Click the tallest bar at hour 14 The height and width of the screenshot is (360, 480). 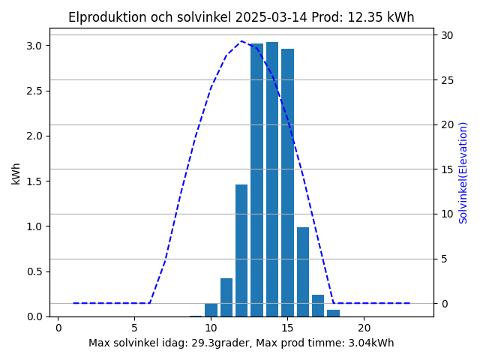[x=272, y=179]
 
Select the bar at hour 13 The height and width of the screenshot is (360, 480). [x=256, y=180]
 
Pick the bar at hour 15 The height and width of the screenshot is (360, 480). [x=287, y=183]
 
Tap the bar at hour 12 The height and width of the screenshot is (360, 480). [x=241, y=250]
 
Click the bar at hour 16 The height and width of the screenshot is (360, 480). [x=303, y=271]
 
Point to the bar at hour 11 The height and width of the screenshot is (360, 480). [x=226, y=297]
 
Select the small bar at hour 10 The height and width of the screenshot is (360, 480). [x=211, y=310]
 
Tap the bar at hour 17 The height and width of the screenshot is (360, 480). [x=318, y=305]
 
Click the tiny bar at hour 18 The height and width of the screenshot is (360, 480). [x=333, y=313]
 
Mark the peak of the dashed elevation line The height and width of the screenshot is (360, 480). [x=241, y=40]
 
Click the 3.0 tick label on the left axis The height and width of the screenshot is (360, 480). [x=34, y=46]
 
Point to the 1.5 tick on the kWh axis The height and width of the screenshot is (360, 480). [x=34, y=181]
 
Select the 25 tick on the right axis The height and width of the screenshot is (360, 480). [x=447, y=80]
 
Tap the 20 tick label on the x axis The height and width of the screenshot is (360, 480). [x=364, y=328]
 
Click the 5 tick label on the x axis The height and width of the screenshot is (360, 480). [x=134, y=328]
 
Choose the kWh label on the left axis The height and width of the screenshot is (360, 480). [x=16, y=174]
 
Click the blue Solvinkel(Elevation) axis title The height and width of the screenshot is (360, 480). [x=463, y=173]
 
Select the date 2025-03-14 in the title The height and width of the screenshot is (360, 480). [x=271, y=17]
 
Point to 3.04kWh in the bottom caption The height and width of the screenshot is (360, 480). [x=371, y=343]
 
